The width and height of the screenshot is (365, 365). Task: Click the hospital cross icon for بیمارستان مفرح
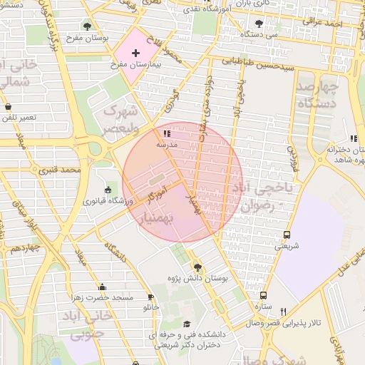pos(135,53)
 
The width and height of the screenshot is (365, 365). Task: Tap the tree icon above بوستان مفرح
pos(87,26)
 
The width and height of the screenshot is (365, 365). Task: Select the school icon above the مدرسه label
pos(167,133)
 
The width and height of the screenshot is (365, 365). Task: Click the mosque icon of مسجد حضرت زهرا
pos(102,287)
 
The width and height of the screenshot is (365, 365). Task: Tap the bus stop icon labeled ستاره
pos(264,295)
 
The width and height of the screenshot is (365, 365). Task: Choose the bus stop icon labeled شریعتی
pos(287,235)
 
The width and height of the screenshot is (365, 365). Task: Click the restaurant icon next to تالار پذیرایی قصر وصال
pos(283,312)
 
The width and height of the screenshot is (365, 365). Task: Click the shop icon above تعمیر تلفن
pos(8,107)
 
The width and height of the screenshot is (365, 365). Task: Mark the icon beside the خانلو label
pos(150,297)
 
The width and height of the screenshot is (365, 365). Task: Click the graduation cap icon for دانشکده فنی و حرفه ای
pos(187,324)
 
